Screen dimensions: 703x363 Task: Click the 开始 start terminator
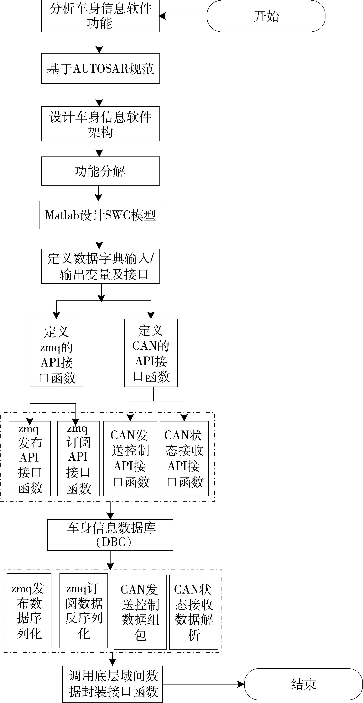pos(266,16)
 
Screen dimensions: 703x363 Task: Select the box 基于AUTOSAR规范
pos(100,68)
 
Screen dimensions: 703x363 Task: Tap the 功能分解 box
pos(100,171)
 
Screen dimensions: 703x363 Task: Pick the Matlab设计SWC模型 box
pos(100,215)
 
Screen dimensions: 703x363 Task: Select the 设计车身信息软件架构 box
pos(100,124)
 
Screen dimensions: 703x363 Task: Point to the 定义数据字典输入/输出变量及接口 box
pos(100,266)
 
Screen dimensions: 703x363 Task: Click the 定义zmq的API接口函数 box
pos(56,353)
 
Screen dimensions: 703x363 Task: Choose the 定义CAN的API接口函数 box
pos(151,353)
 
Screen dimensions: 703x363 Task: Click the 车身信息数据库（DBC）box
pos(110,535)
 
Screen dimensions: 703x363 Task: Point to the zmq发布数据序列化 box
pos(29,611)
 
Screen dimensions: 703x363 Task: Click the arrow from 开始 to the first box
pos(183,16)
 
